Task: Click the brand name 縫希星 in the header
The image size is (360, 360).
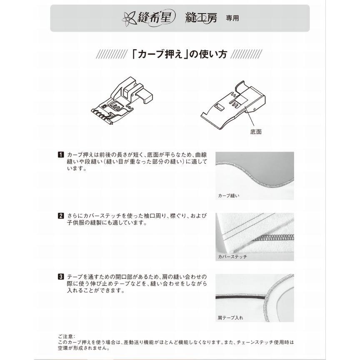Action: tap(154, 18)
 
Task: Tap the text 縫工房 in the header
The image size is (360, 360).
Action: tap(202, 18)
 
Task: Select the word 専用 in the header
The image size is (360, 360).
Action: tap(232, 18)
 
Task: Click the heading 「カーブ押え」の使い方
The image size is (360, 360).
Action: tap(180, 55)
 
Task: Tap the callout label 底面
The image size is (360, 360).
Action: tap(256, 132)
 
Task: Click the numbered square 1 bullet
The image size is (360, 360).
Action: tap(60, 155)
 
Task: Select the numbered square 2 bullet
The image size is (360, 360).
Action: tap(60, 216)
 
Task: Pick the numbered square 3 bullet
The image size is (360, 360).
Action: tap(60, 276)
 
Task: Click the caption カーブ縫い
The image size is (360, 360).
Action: tap(228, 195)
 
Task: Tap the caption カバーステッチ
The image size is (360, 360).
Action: tap(232, 257)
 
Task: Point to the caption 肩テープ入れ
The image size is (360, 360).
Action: tap(230, 317)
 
